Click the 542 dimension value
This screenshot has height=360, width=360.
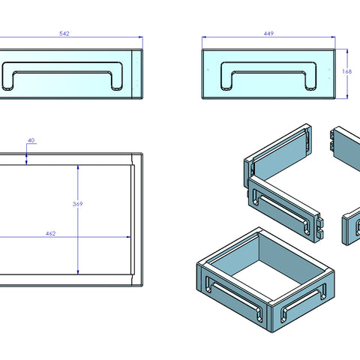64,34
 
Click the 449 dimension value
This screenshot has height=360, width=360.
268,34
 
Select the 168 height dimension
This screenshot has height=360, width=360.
347,71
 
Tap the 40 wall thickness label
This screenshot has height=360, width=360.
31,140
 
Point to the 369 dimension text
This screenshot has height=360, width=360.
77,204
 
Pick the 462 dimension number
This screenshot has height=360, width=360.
50,233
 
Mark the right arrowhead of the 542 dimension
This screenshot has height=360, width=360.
141,37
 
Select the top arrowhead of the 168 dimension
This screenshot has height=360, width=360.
347,51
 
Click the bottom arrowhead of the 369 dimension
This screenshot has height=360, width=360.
78,272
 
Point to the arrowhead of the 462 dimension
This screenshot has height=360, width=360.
128,237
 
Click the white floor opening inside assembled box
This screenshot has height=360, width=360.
265,280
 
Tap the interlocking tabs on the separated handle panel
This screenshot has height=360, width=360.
320,227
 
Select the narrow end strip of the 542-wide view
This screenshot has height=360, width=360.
137,73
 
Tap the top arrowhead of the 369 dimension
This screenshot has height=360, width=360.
78,167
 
